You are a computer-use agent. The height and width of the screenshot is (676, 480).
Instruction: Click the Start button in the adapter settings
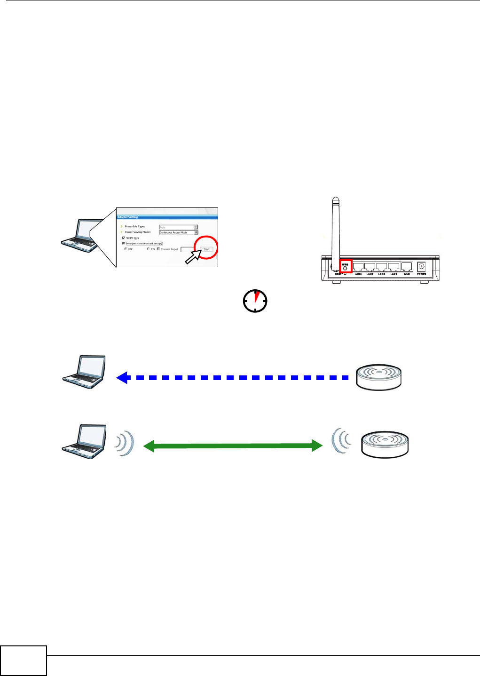coord(206,249)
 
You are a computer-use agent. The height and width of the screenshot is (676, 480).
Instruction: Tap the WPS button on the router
coord(346,268)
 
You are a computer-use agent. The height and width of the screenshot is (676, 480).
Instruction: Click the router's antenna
coord(334,226)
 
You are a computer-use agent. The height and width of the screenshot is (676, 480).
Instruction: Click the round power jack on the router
coord(421,266)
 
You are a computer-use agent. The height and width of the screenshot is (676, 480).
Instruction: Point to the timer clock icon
coord(255,301)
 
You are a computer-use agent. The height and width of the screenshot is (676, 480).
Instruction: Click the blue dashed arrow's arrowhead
coord(123,377)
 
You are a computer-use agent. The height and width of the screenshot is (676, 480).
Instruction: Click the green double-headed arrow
coord(233,446)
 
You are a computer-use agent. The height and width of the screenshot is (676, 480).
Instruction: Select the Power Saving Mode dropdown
coord(178,232)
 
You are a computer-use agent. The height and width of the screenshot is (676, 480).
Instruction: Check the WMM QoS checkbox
coord(124,238)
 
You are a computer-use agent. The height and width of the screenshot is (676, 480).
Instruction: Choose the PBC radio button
coord(126,249)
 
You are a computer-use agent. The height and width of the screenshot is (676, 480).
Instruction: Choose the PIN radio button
coord(149,249)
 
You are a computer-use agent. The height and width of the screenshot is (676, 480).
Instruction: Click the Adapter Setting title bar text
coord(127,217)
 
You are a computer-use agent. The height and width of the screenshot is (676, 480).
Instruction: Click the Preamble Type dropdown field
coord(178,227)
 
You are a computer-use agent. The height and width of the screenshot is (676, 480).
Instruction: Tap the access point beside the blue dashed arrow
coord(379,377)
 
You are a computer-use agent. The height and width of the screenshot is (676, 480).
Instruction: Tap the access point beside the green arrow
coord(385,445)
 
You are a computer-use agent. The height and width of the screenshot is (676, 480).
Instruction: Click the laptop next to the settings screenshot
coord(83,233)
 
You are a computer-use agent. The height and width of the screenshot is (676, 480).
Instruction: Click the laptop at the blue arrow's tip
coord(84,372)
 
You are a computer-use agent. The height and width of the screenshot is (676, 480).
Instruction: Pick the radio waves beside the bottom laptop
coord(125,444)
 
